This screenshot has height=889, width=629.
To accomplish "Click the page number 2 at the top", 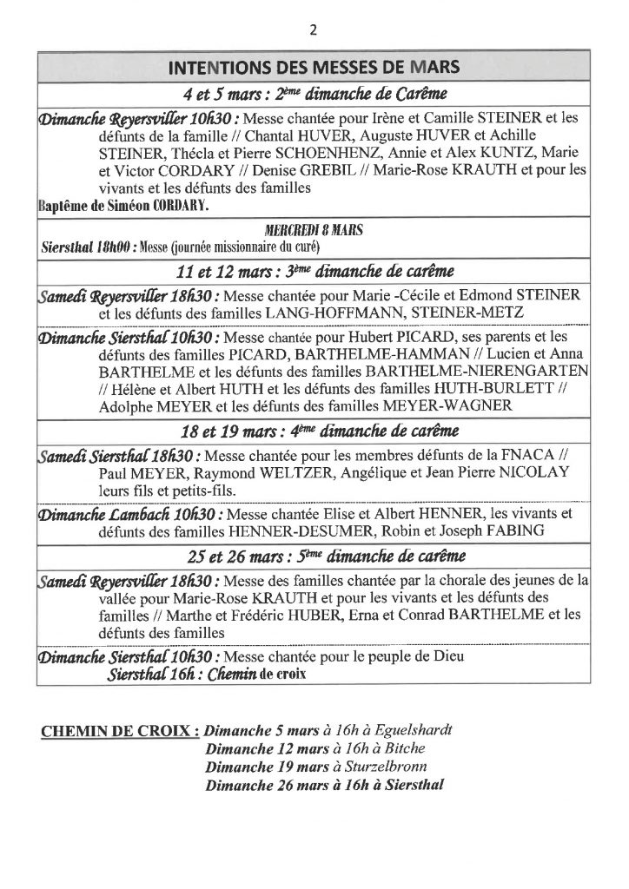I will tap(314, 30).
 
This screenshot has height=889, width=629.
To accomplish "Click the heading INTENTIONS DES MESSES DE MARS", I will tap(314, 68).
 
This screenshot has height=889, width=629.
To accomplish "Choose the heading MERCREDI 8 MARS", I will tap(314, 231).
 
